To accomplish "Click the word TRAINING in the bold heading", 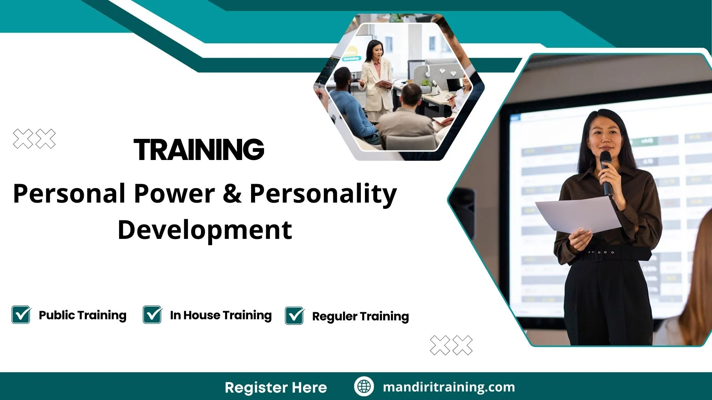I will (x=199, y=150).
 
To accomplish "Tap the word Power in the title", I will (x=174, y=193).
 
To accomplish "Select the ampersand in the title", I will (x=232, y=193).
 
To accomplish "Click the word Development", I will (x=205, y=230).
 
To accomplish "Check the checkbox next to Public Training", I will (x=21, y=315).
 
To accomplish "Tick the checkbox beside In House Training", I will (x=152, y=315).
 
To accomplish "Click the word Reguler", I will (x=334, y=317).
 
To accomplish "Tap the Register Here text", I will (x=276, y=387).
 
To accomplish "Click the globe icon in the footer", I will (x=364, y=386).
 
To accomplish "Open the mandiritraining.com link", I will (x=449, y=387).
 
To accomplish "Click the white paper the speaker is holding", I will (x=578, y=215).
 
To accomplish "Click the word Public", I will (x=57, y=315).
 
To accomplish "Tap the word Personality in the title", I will (x=323, y=193).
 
